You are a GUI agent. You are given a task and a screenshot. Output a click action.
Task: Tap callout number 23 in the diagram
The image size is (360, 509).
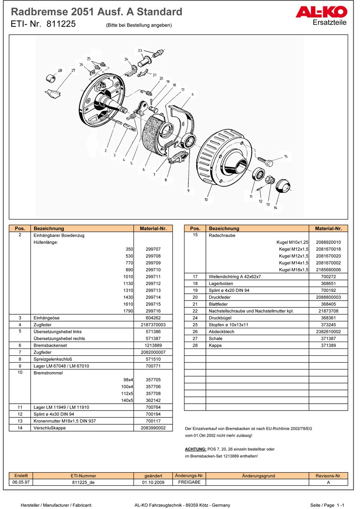[140, 51]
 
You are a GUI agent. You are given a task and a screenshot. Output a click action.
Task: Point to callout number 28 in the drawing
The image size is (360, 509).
[60, 71]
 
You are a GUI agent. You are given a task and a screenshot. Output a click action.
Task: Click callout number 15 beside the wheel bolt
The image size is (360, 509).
[286, 157]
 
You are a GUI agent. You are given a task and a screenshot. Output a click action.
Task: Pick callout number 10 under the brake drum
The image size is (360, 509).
[206, 199]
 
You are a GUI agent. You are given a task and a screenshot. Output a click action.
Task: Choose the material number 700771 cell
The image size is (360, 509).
[153, 366]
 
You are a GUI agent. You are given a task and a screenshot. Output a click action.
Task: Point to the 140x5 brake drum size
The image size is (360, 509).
[127, 400]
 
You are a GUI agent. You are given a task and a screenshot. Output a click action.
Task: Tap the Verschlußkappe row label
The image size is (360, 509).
[50, 428]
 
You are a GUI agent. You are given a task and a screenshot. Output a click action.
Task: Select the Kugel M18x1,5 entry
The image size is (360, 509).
[293, 270]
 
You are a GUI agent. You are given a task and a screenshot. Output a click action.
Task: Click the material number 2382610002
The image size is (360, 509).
[328, 331]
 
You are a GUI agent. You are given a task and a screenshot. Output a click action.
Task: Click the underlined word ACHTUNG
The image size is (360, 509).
[195, 449]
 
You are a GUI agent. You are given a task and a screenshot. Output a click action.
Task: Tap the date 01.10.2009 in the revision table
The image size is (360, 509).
[153, 482]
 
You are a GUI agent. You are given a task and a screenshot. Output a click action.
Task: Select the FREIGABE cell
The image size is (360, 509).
[189, 482]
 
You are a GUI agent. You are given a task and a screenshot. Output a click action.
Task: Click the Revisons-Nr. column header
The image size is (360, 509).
[328, 476]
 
